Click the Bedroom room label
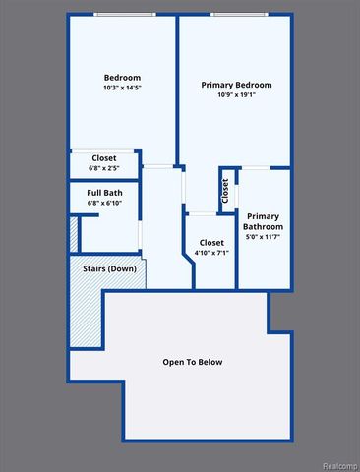[x=122, y=78]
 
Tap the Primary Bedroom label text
[x=236, y=86]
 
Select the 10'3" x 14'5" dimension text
[x=122, y=89]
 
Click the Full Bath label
[x=103, y=192]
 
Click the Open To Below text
[x=193, y=362]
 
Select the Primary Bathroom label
[x=264, y=221]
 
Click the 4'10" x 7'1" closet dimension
[x=211, y=254]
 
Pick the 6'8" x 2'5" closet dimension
[x=103, y=169]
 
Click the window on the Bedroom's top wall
[x=123, y=14]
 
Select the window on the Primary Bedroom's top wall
[x=236, y=14]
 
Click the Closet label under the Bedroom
[x=103, y=158]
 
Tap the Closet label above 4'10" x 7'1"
[x=211, y=242]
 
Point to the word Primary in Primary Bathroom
[x=264, y=215]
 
